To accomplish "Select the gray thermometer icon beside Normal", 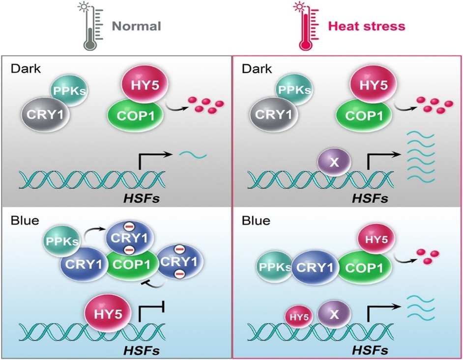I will coord(90,26).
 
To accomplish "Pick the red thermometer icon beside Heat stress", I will coord(305,26).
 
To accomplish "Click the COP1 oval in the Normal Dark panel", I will coord(136,116).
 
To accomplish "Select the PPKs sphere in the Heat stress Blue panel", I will coord(276,267).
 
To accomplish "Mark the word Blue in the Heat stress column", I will coord(256,221).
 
